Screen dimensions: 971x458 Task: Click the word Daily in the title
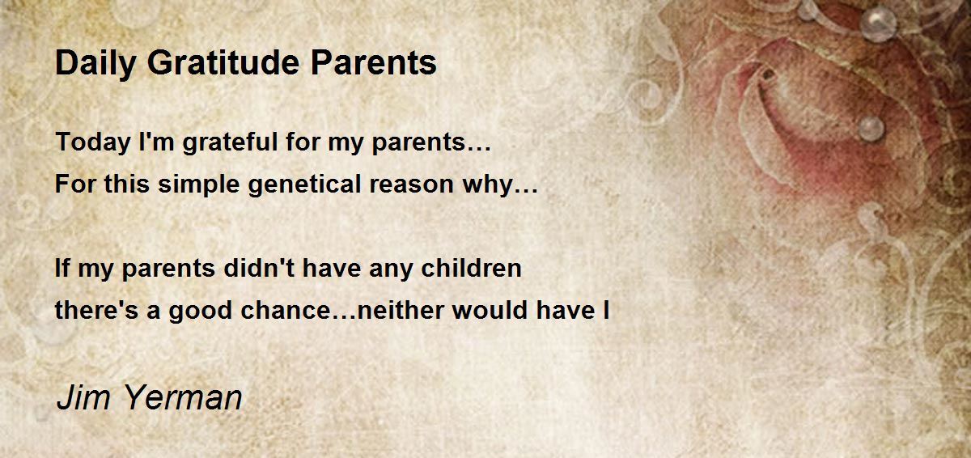[95, 64]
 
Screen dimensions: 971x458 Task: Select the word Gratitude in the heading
[223, 63]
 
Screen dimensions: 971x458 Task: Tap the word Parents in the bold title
[373, 63]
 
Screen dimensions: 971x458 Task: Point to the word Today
[93, 142]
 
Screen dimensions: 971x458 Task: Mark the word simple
[198, 184]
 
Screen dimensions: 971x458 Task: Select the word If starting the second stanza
[62, 268]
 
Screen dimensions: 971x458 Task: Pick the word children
[471, 268]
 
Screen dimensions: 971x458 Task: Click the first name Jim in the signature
[83, 398]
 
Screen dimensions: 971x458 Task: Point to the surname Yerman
[184, 398]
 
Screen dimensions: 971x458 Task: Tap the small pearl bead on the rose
[871, 129]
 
